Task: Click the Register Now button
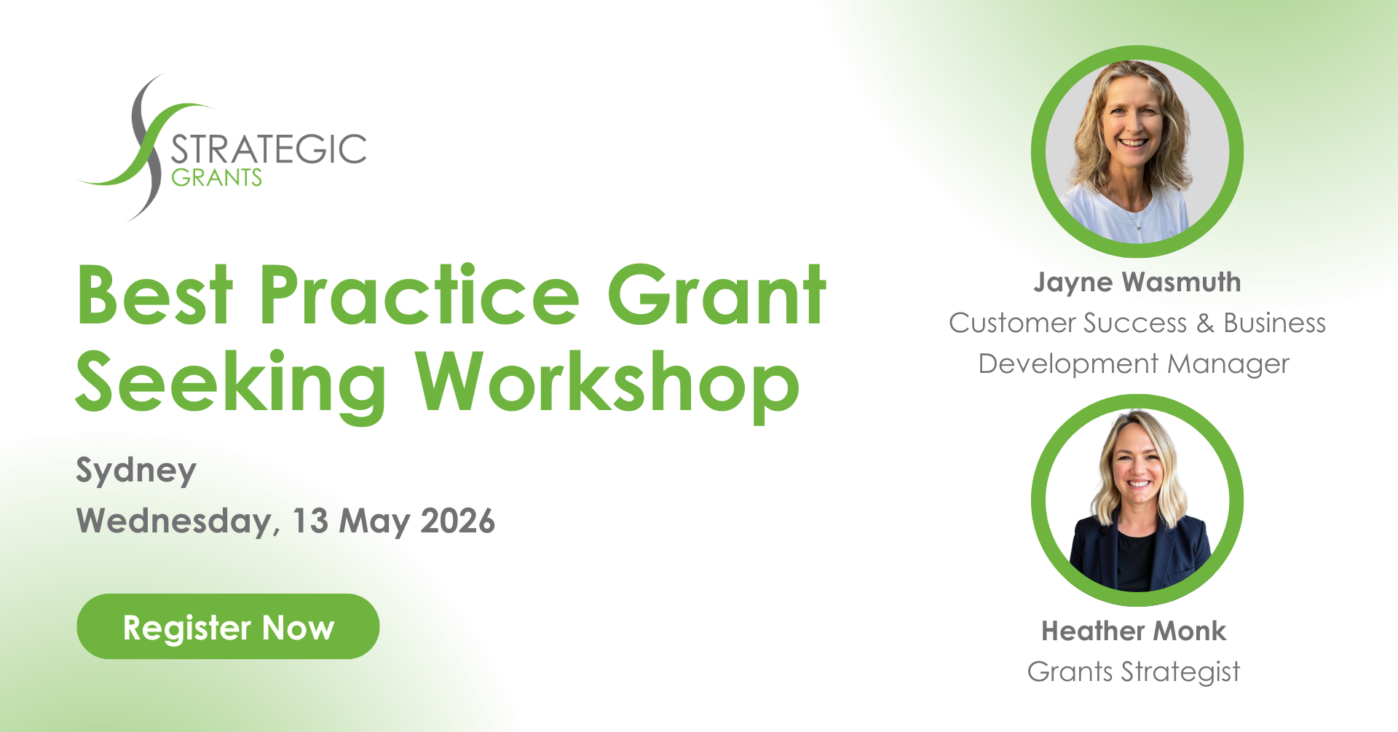[x=228, y=626]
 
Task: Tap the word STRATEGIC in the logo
[x=269, y=149]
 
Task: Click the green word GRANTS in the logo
[x=216, y=178]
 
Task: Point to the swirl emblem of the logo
[x=146, y=146]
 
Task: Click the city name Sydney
[x=136, y=471]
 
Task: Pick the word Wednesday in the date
[x=175, y=522]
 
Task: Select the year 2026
[x=458, y=522]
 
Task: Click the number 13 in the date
[x=310, y=522]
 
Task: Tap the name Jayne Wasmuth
[x=1137, y=283]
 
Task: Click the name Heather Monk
[x=1134, y=631]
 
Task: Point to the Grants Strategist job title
[x=1134, y=672]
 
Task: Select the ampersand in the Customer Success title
[x=1205, y=323]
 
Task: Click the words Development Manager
[x=1134, y=364]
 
